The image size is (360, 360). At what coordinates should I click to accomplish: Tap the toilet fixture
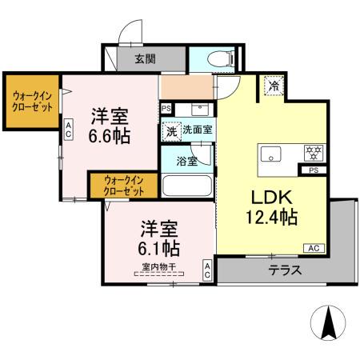tap(220, 58)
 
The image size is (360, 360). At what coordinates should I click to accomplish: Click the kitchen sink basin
tap(270, 154)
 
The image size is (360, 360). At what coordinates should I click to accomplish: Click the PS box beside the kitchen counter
tap(313, 170)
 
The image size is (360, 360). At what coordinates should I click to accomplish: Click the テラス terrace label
tap(285, 270)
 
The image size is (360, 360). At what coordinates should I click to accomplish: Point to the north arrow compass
tap(328, 324)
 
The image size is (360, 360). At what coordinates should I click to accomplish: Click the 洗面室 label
tap(197, 129)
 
